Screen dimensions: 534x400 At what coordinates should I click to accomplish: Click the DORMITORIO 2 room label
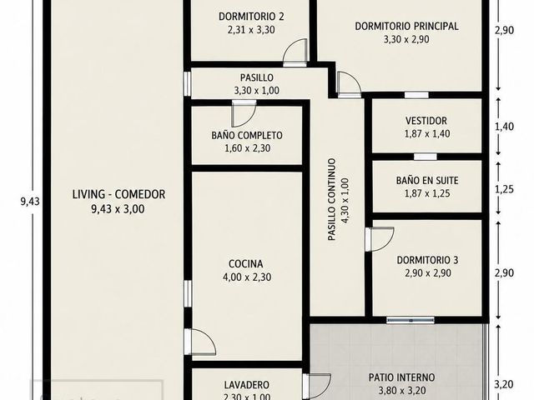251,17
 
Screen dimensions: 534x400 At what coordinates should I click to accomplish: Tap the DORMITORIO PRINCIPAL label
406,26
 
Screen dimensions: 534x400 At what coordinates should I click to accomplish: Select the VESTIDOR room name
426,121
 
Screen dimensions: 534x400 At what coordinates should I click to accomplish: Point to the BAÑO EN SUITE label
427,180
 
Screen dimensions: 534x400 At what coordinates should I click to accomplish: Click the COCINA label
246,264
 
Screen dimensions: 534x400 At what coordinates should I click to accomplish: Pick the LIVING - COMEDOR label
118,194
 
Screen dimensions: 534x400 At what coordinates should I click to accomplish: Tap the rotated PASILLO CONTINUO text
332,200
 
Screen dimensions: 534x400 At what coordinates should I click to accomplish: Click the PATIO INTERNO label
402,377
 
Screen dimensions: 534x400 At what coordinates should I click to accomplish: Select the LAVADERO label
247,385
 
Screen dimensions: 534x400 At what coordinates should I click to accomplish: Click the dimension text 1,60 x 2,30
248,148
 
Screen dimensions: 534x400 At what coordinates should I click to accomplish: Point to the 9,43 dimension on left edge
30,202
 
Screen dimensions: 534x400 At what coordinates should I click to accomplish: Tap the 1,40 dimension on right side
504,127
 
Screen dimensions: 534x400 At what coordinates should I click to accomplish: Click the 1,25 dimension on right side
504,189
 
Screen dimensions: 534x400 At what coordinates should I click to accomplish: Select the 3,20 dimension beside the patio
504,385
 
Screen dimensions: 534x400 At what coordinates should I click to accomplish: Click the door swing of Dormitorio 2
295,51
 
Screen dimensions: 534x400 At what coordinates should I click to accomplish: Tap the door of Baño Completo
244,113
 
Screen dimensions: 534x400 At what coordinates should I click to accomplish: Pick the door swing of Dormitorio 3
380,239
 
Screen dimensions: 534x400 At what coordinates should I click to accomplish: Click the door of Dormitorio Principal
349,83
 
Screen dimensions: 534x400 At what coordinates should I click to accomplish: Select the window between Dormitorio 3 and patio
411,320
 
